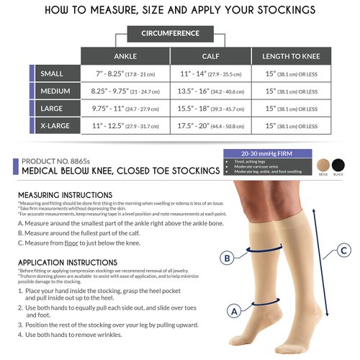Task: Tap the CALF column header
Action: tap(210, 57)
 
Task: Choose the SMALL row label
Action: tap(55, 74)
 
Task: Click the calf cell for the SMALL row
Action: tap(210, 74)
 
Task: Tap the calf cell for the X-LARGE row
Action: tap(210, 125)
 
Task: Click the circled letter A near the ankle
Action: tap(233, 311)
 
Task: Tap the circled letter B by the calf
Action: tap(228, 257)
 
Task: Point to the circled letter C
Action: tap(344, 250)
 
